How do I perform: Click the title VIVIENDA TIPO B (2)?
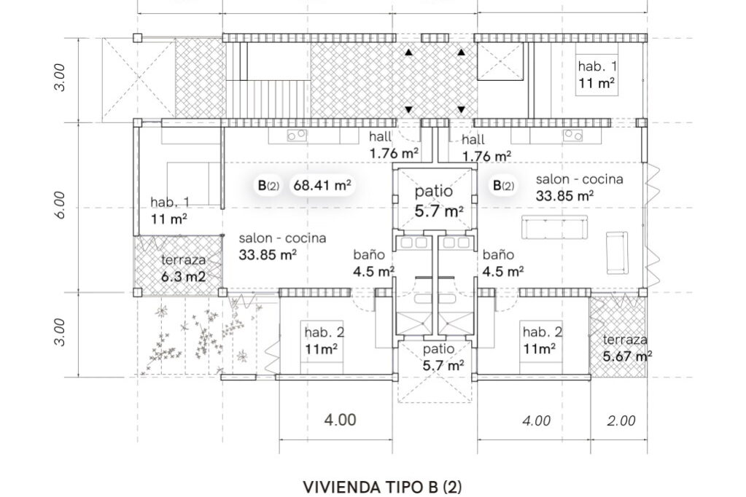[x=382, y=486]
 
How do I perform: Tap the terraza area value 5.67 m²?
[x=627, y=356]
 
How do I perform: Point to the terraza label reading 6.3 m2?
[x=183, y=277]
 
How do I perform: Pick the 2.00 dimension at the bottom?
[x=621, y=420]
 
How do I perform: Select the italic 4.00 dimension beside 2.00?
[x=536, y=420]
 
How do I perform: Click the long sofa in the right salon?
[x=555, y=227]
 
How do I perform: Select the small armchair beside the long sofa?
[x=616, y=251]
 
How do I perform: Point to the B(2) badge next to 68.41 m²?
[x=268, y=185]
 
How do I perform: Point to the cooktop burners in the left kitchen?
[x=296, y=134]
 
